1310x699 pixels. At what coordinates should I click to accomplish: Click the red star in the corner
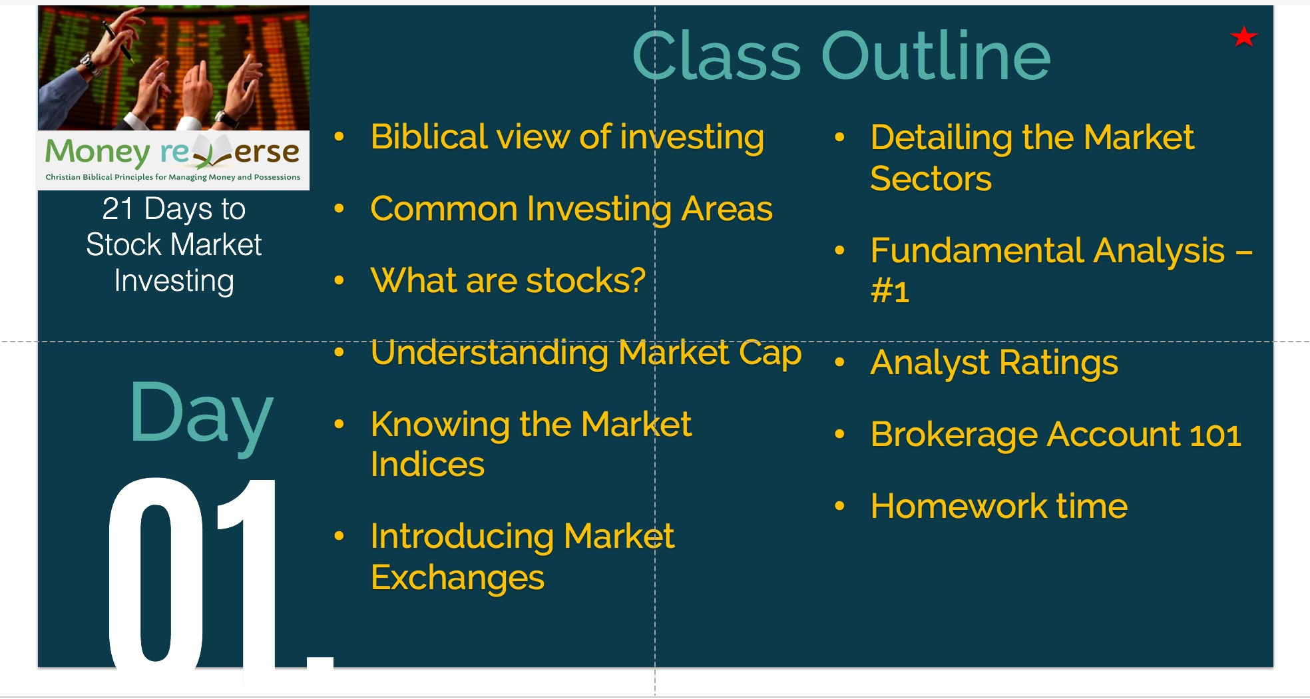pyautogui.click(x=1243, y=37)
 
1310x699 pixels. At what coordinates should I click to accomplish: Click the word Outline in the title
pyautogui.click(x=936, y=57)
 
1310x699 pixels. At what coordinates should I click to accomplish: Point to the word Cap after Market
pyautogui.click(x=770, y=354)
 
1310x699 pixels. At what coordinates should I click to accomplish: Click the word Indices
pyautogui.click(x=427, y=465)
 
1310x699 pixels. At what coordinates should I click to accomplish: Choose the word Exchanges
pyautogui.click(x=457, y=578)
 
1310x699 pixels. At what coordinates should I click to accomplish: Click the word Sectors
pyautogui.click(x=931, y=179)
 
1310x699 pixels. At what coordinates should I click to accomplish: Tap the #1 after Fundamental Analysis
pyautogui.click(x=890, y=292)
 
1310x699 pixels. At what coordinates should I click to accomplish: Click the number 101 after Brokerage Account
pyautogui.click(x=1215, y=435)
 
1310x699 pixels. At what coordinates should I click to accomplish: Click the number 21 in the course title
pyautogui.click(x=118, y=209)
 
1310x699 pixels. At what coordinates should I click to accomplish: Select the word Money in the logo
pyautogui.click(x=97, y=153)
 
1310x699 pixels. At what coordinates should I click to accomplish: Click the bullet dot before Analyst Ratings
pyautogui.click(x=840, y=362)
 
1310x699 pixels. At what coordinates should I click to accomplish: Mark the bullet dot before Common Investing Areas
pyautogui.click(x=339, y=208)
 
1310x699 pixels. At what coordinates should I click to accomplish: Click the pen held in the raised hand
pyautogui.click(x=116, y=40)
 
